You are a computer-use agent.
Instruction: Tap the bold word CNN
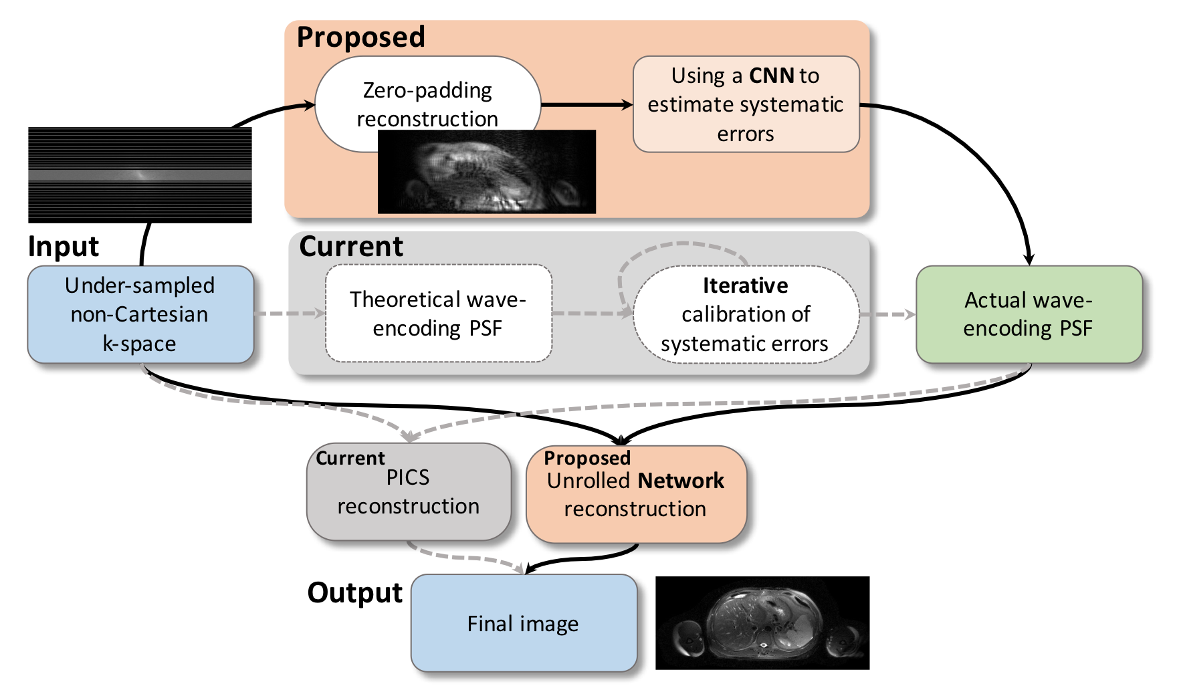[771, 76]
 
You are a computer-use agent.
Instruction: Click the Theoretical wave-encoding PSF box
[438, 314]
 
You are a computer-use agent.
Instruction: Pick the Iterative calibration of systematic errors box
[746, 314]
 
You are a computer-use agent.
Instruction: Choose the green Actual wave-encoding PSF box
[1029, 314]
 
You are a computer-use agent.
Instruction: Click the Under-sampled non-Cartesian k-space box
[140, 314]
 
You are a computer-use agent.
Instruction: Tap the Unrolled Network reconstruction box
[635, 495]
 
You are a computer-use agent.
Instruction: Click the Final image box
[523, 623]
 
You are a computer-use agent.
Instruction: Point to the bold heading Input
[64, 247]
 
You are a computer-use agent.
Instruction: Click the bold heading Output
[354, 593]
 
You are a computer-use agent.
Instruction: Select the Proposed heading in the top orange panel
[360, 37]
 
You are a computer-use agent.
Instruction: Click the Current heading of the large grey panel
[351, 247]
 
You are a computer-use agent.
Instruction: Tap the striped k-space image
[140, 175]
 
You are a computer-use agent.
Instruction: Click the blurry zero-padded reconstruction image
[486, 172]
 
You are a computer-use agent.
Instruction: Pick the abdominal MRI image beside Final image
[762, 622]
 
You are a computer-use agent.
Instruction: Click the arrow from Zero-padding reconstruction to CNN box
[586, 105]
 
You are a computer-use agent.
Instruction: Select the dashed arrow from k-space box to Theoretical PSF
[289, 313]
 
